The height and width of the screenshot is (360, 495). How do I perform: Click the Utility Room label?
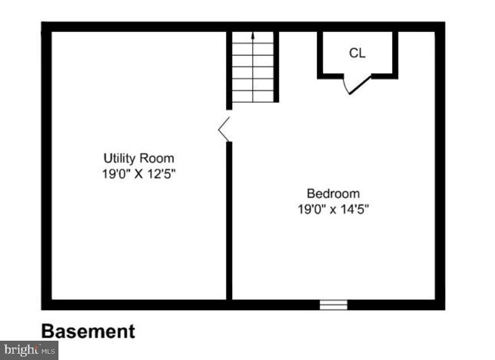tap(139, 158)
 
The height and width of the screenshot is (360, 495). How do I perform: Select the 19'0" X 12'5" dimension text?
tap(139, 174)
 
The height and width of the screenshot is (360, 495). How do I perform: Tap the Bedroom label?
tap(333, 194)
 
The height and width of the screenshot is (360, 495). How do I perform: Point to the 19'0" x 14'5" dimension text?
tap(333, 209)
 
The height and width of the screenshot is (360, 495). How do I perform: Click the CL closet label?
tap(357, 53)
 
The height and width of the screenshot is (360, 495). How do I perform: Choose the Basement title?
tap(88, 331)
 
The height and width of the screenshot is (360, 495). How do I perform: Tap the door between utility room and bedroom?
tap(225, 129)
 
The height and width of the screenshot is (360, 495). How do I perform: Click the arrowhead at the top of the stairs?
tap(253, 35)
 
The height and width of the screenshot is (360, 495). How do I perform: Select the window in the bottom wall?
tap(333, 305)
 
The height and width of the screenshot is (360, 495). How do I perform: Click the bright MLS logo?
tap(29, 350)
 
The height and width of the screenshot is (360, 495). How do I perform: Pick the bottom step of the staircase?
tap(253, 97)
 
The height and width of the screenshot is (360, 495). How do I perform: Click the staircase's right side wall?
tap(276, 66)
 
